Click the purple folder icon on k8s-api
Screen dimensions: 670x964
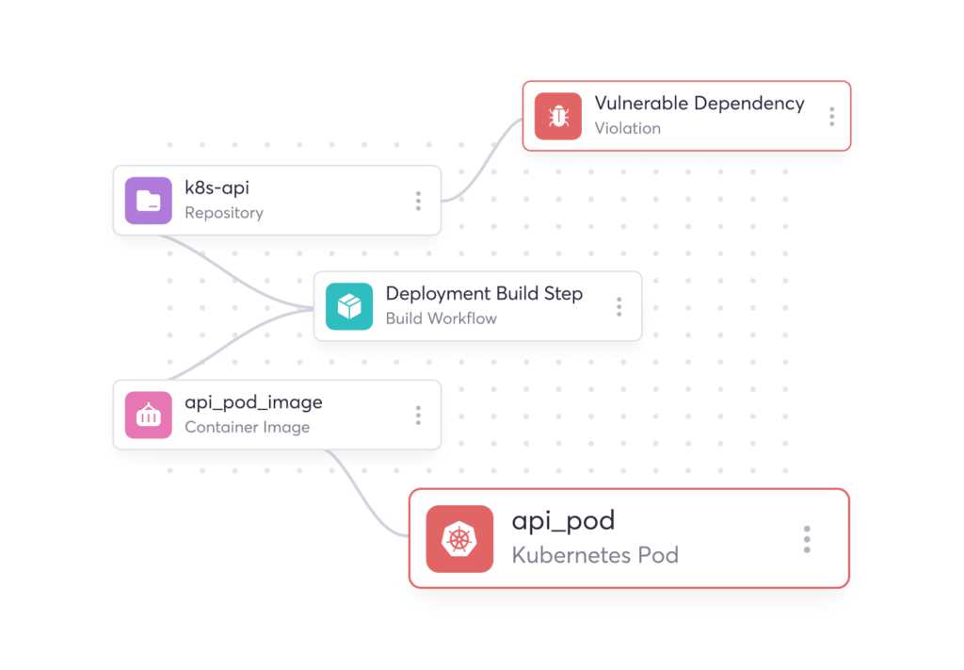pyautogui.click(x=149, y=201)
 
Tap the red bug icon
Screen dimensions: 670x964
pyautogui.click(x=558, y=116)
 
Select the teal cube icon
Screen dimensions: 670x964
pyautogui.click(x=349, y=306)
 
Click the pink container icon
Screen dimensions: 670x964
pyautogui.click(x=149, y=415)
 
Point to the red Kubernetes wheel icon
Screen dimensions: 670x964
pyautogui.click(x=459, y=539)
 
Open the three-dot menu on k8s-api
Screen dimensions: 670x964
pyautogui.click(x=418, y=201)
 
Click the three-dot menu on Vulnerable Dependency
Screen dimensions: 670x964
pyautogui.click(x=831, y=116)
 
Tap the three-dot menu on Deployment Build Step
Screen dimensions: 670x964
pyautogui.click(x=619, y=306)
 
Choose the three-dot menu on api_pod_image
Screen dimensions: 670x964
pyautogui.click(x=418, y=415)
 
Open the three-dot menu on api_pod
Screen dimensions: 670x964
pyautogui.click(x=807, y=539)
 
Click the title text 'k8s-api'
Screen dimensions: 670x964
pyautogui.click(x=217, y=188)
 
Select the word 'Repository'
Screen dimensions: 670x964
pyautogui.click(x=224, y=213)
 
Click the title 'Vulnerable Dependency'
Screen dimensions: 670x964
pyautogui.click(x=699, y=104)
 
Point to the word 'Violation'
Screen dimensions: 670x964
pyautogui.click(x=628, y=128)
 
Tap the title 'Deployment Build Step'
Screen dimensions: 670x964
pyautogui.click(x=484, y=294)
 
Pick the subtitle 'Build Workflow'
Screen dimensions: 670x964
pyautogui.click(x=442, y=319)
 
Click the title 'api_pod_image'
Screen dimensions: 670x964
pyautogui.click(x=253, y=402)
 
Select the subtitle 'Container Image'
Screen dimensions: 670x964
pyautogui.click(x=248, y=427)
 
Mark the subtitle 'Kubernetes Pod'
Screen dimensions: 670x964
pyautogui.click(x=595, y=554)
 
